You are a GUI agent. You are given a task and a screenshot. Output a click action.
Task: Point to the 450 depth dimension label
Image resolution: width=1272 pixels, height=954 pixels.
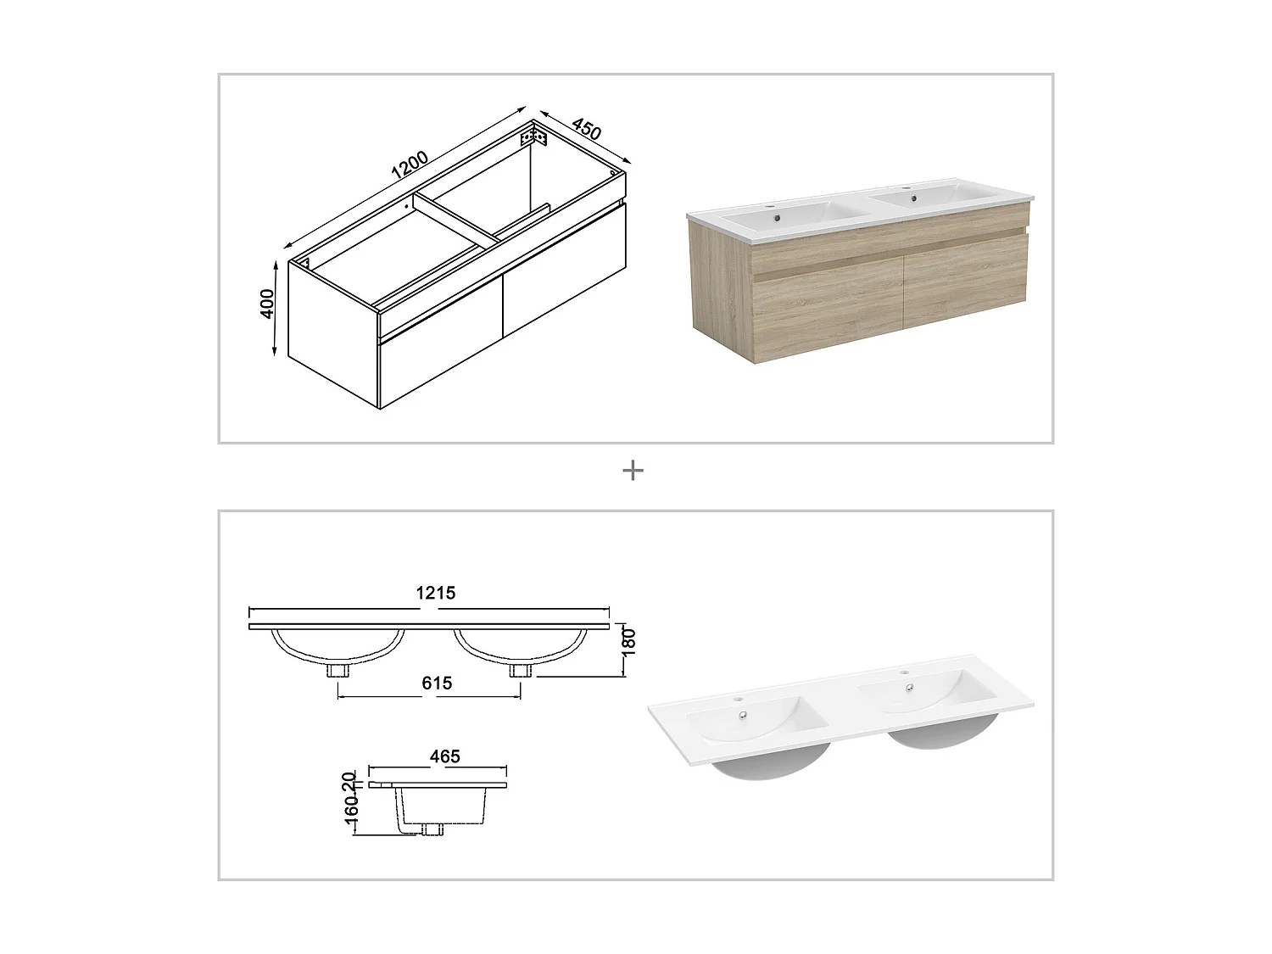click(x=587, y=128)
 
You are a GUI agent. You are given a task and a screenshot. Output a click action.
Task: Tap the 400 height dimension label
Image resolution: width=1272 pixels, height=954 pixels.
click(x=268, y=304)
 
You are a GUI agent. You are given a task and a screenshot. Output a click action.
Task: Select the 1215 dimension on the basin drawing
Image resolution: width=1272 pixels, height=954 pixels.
click(x=436, y=593)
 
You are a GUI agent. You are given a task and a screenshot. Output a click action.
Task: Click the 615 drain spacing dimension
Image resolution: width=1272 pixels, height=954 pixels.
click(x=436, y=683)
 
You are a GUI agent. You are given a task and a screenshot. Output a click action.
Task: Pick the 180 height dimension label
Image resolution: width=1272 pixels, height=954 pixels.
click(x=628, y=642)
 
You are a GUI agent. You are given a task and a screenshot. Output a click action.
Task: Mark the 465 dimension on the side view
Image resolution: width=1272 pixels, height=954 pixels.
click(x=444, y=756)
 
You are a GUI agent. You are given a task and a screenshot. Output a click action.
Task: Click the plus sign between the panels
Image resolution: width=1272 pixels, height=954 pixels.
click(x=633, y=470)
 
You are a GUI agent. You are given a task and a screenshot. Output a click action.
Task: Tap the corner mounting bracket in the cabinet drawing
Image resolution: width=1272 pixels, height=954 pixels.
click(x=534, y=137)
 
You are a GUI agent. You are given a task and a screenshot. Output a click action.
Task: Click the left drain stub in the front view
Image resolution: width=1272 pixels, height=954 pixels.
click(x=340, y=670)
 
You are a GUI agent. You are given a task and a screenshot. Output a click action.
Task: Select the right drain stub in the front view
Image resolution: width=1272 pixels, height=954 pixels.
click(x=520, y=670)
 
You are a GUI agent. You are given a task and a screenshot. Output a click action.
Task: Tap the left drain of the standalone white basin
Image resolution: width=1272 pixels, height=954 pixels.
click(x=745, y=715)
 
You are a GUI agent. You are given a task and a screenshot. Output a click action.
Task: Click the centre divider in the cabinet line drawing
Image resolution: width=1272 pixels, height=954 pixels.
click(x=458, y=221)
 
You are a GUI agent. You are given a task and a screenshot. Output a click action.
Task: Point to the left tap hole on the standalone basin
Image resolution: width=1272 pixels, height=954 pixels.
click(x=738, y=700)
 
